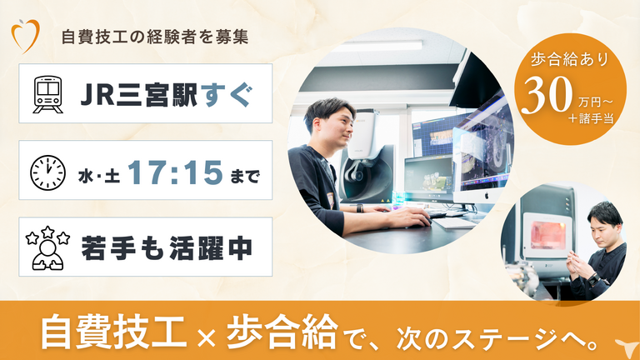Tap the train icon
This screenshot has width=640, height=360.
coord(48,94)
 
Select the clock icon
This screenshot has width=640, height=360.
coord(47,172)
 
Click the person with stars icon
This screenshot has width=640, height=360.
coord(47,247)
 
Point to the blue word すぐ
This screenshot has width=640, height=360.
coord(227,95)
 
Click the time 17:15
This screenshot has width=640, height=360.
coord(176,172)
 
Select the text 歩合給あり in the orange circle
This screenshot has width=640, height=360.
coord(570,60)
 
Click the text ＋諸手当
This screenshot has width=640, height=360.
coord(591,118)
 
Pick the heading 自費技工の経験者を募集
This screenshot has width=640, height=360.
coord(155,37)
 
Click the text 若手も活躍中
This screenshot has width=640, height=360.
coord(167,248)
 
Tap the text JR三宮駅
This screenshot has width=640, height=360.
coord(139,95)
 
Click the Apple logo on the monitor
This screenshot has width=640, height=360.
coord(487,196)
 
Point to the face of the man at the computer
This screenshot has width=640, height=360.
coord(337,123)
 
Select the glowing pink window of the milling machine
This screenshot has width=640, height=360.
coord(547,235)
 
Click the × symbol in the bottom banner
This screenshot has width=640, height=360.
coord(206,339)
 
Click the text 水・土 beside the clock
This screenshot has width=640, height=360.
coord(99,177)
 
